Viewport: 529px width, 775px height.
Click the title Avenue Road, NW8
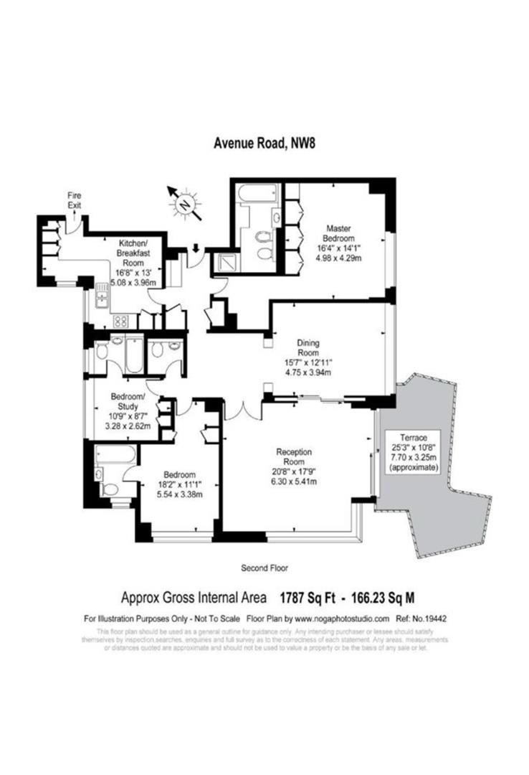tap(265, 142)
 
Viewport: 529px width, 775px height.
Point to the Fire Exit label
tap(75, 199)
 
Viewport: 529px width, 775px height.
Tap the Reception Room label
tap(294, 457)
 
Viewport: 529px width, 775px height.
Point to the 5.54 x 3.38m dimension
tap(179, 495)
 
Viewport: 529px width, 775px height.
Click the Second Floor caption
tap(264, 568)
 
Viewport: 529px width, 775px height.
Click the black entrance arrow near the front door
tap(196, 249)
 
